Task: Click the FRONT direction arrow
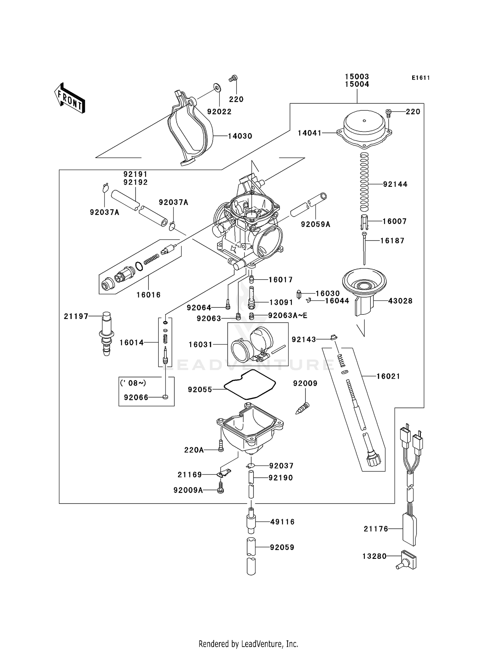[x=70, y=98]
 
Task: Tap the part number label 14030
[x=240, y=136]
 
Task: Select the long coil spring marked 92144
[x=364, y=182]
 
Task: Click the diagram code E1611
[x=421, y=78]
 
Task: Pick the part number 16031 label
[x=200, y=345]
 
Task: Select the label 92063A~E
[x=288, y=315]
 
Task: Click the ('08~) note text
[x=133, y=383]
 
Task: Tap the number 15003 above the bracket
[x=357, y=77]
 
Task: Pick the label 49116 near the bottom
[x=282, y=522]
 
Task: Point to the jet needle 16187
[x=364, y=248]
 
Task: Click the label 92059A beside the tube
[x=315, y=224]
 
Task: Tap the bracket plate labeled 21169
[x=224, y=473]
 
